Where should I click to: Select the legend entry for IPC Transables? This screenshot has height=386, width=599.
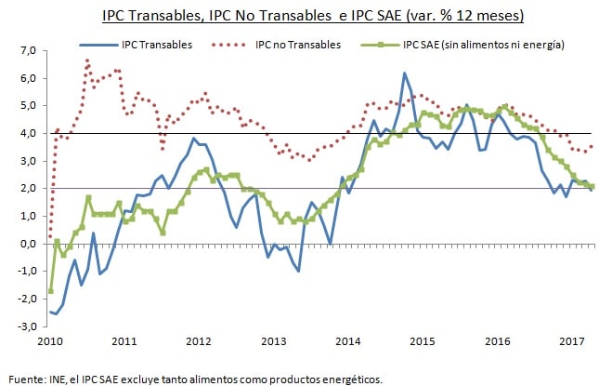[162, 45]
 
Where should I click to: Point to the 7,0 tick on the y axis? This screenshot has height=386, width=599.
[27, 50]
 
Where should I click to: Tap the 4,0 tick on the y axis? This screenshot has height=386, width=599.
[27, 133]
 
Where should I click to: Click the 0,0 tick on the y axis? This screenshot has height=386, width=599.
[27, 244]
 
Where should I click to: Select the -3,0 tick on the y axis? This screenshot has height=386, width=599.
[25, 326]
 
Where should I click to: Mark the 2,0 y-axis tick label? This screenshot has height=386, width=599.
[27, 189]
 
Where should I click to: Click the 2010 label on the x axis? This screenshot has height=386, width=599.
[52, 343]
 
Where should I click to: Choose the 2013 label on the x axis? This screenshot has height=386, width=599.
[274, 343]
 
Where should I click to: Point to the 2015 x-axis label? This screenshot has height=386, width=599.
[422, 343]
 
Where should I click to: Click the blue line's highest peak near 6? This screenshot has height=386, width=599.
[404, 73]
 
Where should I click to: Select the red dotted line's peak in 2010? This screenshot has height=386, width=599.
[87, 61]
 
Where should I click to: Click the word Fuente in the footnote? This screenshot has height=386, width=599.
[26, 379]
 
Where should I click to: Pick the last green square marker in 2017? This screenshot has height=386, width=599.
[592, 187]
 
